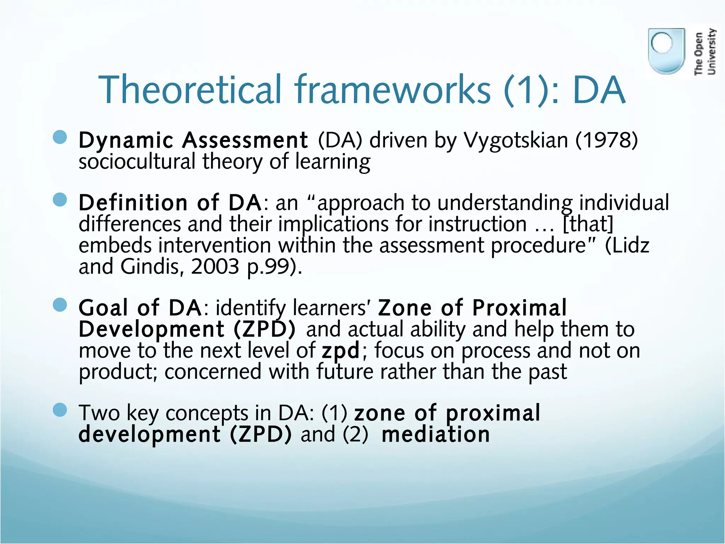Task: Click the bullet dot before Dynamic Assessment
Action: pos(60,137)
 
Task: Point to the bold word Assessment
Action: pos(245,140)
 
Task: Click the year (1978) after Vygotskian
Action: pos(606,140)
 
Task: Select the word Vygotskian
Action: pos(516,141)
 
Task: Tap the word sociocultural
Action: pos(137,161)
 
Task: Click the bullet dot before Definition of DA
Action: pos(60,199)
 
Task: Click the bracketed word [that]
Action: pos(588,225)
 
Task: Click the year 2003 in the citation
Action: pos(215,267)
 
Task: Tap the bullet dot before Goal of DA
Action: pos(60,305)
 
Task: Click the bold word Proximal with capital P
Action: pos(519,307)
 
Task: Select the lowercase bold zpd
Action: pos(341,351)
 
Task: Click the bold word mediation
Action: pos(436,435)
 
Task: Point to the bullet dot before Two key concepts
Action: pos(60,410)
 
